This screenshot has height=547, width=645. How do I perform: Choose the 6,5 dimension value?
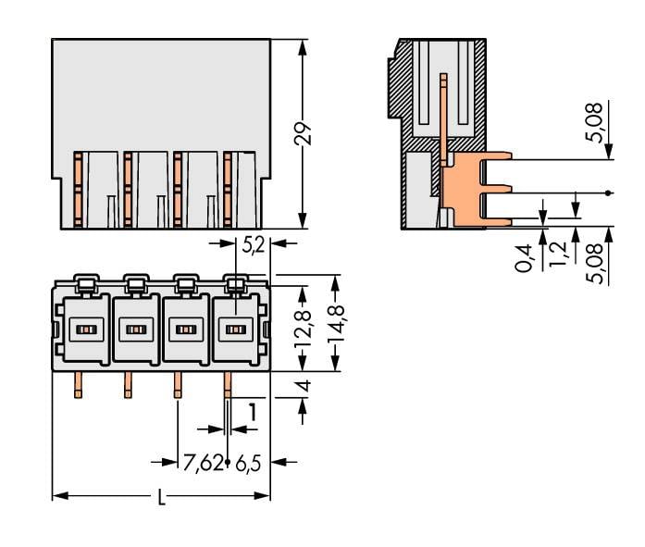pyautogui.click(x=247, y=463)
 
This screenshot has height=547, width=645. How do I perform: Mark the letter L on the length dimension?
pyautogui.click(x=161, y=497)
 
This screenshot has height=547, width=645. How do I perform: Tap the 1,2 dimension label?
pyautogui.click(x=559, y=254)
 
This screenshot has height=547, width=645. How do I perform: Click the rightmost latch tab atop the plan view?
pyautogui.click(x=235, y=282)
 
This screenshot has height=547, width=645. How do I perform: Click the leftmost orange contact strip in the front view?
pyautogui.click(x=79, y=190)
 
